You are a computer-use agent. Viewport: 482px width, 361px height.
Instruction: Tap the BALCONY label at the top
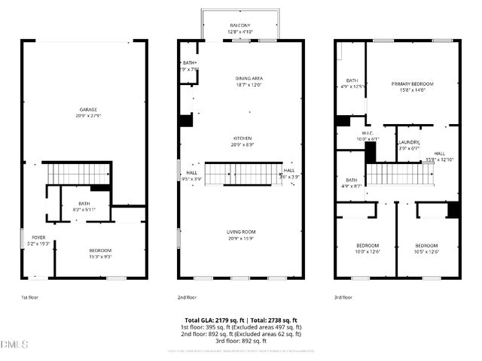click(239, 26)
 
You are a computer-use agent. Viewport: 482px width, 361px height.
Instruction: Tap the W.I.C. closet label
click(347, 133)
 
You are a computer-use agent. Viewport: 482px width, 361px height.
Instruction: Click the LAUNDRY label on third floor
click(409, 142)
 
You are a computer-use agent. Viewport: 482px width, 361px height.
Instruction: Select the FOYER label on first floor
click(38, 238)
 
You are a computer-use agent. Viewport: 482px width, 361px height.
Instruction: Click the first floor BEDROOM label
click(100, 250)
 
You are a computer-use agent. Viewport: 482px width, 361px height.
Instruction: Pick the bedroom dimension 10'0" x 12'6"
click(368, 251)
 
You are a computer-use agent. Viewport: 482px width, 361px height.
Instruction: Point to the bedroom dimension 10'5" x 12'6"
click(426, 251)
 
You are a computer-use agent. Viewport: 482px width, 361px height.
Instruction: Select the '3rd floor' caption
click(343, 298)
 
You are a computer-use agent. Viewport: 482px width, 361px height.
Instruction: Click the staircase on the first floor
click(75, 173)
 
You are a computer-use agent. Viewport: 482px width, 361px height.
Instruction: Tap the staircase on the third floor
click(400, 175)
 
